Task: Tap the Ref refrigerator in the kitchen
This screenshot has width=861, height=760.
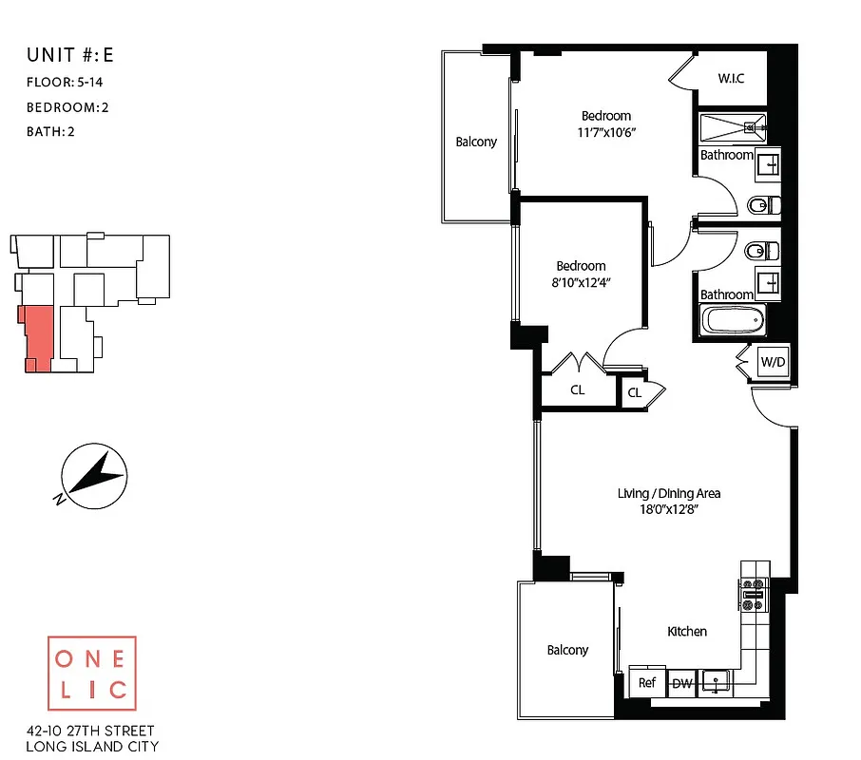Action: tap(647, 682)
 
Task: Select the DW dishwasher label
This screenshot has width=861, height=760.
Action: tap(682, 682)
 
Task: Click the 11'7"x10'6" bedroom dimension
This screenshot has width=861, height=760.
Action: tap(606, 132)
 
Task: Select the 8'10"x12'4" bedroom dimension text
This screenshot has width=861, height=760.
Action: tap(581, 282)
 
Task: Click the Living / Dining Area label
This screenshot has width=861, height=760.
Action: tap(669, 493)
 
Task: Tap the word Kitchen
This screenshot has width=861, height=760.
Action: tap(687, 631)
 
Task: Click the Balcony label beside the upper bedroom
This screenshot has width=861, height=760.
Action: tap(476, 142)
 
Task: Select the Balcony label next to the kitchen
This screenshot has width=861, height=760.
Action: tap(567, 650)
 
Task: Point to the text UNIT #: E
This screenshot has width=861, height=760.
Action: tap(71, 56)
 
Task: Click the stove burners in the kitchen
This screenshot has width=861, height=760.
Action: tap(754, 594)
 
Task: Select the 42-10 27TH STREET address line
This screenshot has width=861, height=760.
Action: tap(91, 732)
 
